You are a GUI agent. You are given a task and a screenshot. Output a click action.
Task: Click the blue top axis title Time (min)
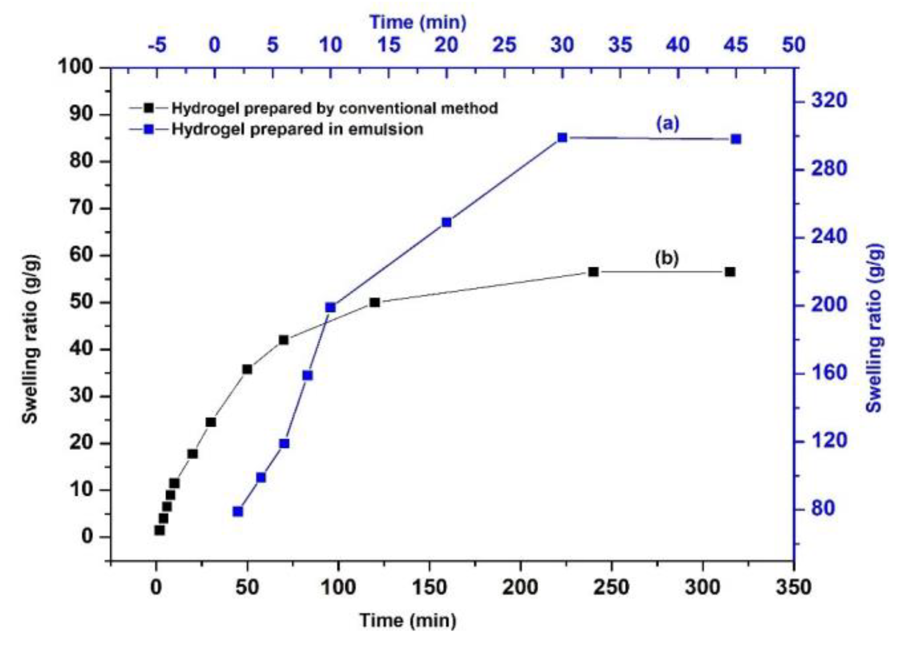click(418, 22)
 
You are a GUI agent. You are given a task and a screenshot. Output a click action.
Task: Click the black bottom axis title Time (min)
click(407, 620)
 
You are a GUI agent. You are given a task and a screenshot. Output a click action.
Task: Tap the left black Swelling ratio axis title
click(30, 339)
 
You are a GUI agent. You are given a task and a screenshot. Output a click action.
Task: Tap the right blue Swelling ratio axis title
click(874, 328)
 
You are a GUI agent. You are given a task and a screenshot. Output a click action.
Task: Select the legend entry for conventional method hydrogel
click(334, 108)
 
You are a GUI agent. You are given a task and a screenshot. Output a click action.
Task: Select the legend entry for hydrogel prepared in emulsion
click(297, 129)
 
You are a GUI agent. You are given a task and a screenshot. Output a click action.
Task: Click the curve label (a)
click(667, 124)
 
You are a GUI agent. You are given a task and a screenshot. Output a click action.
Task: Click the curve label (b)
click(667, 258)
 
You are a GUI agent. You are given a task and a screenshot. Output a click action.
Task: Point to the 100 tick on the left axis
click(75, 67)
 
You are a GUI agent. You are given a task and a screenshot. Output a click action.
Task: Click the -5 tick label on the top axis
click(157, 45)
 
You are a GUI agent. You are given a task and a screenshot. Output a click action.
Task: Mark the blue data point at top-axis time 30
click(562, 138)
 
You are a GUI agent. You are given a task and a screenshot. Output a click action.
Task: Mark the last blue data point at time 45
click(736, 139)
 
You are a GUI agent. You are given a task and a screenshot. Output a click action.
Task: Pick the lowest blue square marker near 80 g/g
click(238, 512)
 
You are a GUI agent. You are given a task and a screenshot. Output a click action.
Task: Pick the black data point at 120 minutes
click(375, 302)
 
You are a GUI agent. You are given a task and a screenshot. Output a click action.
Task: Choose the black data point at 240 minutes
click(593, 272)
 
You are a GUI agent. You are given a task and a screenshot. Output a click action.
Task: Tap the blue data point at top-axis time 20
click(446, 222)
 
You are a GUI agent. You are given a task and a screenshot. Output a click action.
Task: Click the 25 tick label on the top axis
click(504, 45)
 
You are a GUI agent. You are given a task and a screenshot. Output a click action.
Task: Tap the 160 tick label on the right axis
click(828, 373)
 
